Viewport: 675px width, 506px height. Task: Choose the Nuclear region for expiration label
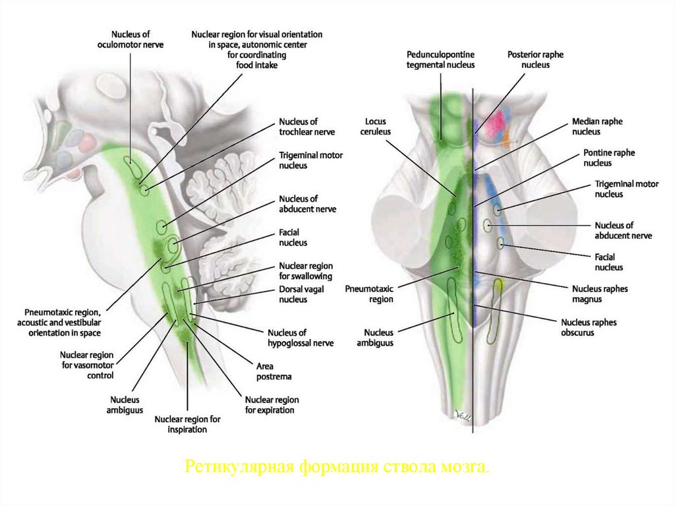point(272,404)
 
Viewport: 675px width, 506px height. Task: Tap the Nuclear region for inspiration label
point(187,424)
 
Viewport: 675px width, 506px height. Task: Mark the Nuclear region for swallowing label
point(305,271)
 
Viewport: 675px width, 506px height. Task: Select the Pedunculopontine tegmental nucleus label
point(440,60)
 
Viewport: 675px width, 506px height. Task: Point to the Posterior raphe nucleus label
point(535,60)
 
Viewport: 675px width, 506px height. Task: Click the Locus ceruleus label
point(378,127)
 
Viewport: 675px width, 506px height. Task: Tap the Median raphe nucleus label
point(597,127)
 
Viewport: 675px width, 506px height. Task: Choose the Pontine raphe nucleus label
point(608,158)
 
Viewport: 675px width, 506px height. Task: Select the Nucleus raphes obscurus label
point(587,328)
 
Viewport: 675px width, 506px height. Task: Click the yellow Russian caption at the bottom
point(337,468)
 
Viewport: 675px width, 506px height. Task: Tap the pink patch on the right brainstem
point(496,124)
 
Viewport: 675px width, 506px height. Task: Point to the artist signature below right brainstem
point(461,414)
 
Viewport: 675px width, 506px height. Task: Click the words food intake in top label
point(257,65)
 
